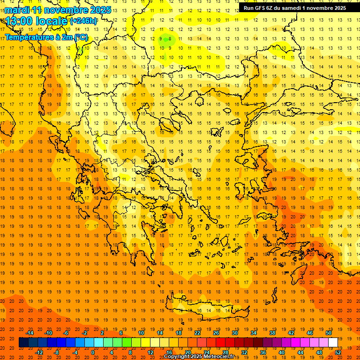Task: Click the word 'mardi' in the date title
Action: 18,10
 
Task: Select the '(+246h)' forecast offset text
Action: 84,21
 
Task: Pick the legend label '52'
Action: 338,352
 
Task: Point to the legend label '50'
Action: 329,333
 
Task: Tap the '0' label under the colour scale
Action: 93,352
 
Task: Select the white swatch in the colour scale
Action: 333,343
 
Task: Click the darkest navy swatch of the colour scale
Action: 23,343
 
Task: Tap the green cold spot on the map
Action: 165,40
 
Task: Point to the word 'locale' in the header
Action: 52,21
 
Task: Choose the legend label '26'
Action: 216,333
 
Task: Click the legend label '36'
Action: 263,352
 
